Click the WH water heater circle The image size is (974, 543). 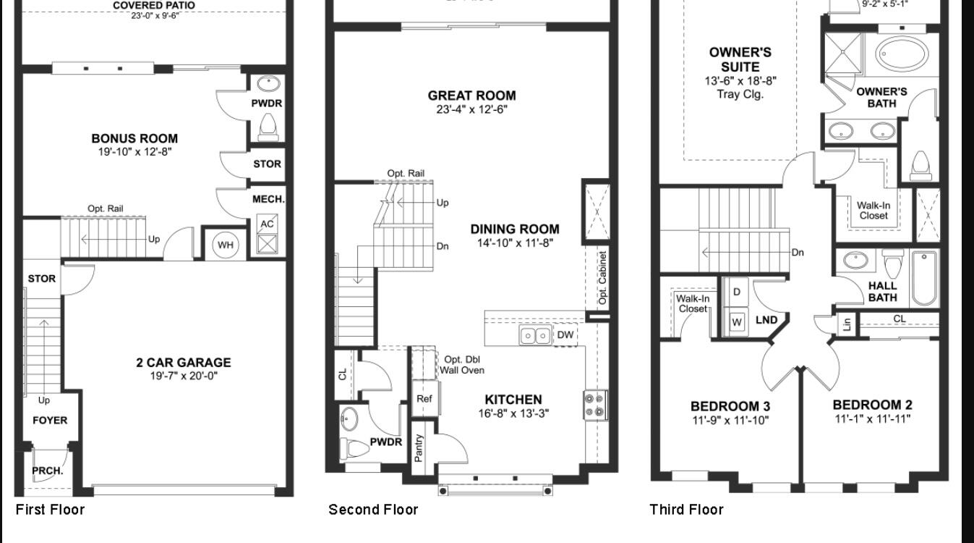coord(226,245)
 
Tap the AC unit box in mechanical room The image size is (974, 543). coord(267,224)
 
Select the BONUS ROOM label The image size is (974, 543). coord(134,138)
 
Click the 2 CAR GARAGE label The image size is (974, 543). coord(184,363)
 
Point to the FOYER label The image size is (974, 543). coord(50,420)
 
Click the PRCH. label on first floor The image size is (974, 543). coord(48,471)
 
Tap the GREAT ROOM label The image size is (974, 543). coord(471,96)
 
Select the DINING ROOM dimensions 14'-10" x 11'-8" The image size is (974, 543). coord(514,243)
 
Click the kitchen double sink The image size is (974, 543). coord(535,335)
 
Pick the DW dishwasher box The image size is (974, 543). coord(565,335)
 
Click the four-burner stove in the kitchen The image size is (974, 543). coord(595,405)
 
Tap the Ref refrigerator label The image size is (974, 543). coord(424,398)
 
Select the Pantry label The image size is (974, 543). coord(420,447)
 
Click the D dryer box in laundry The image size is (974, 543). coord(737,292)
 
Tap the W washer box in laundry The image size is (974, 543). coord(737,321)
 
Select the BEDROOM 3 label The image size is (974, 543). coord(730,406)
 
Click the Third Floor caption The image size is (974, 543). coord(686,510)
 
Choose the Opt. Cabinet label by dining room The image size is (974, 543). coord(602,277)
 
